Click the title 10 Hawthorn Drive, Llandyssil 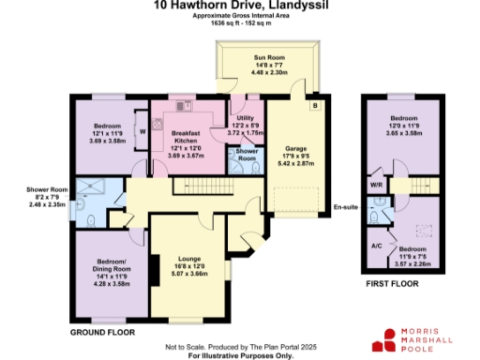pyautogui.click(x=239, y=7)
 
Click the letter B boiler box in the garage pyautogui.click(x=314, y=106)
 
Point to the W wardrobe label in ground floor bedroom pyautogui.click(x=142, y=132)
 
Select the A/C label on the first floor pyautogui.click(x=376, y=247)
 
